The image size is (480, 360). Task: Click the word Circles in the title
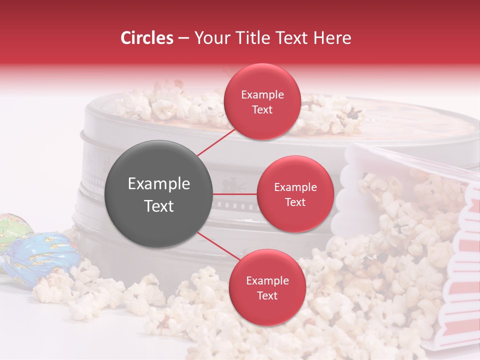tap(147, 38)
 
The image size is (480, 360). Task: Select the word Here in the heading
tap(331, 38)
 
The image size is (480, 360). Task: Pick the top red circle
tap(262, 101)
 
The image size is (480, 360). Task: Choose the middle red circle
tap(295, 194)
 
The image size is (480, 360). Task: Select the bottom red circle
tap(267, 287)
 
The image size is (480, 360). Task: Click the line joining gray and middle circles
tap(235, 194)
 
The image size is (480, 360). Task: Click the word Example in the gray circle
tap(159, 184)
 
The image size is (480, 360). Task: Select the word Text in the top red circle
tap(262, 109)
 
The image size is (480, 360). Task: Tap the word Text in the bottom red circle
tap(267, 295)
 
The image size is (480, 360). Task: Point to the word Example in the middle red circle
tap(295, 187)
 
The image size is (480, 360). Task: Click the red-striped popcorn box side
tap(457, 280)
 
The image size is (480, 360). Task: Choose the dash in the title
tap(183, 38)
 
